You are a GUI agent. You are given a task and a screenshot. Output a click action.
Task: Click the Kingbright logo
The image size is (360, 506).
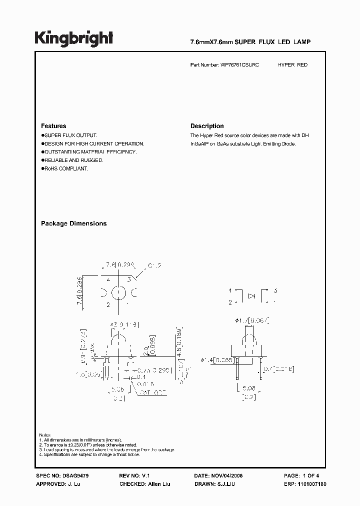73,38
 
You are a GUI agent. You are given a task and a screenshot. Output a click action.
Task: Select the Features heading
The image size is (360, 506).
53,126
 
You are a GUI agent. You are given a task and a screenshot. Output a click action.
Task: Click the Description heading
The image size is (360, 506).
207,126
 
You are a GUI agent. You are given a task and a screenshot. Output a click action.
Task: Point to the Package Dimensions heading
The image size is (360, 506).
73,223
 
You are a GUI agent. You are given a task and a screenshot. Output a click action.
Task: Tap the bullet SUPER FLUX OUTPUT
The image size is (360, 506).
70,135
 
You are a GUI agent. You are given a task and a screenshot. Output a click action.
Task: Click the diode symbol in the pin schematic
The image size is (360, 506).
252,296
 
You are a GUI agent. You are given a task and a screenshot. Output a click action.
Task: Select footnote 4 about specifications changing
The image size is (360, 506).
90,454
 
